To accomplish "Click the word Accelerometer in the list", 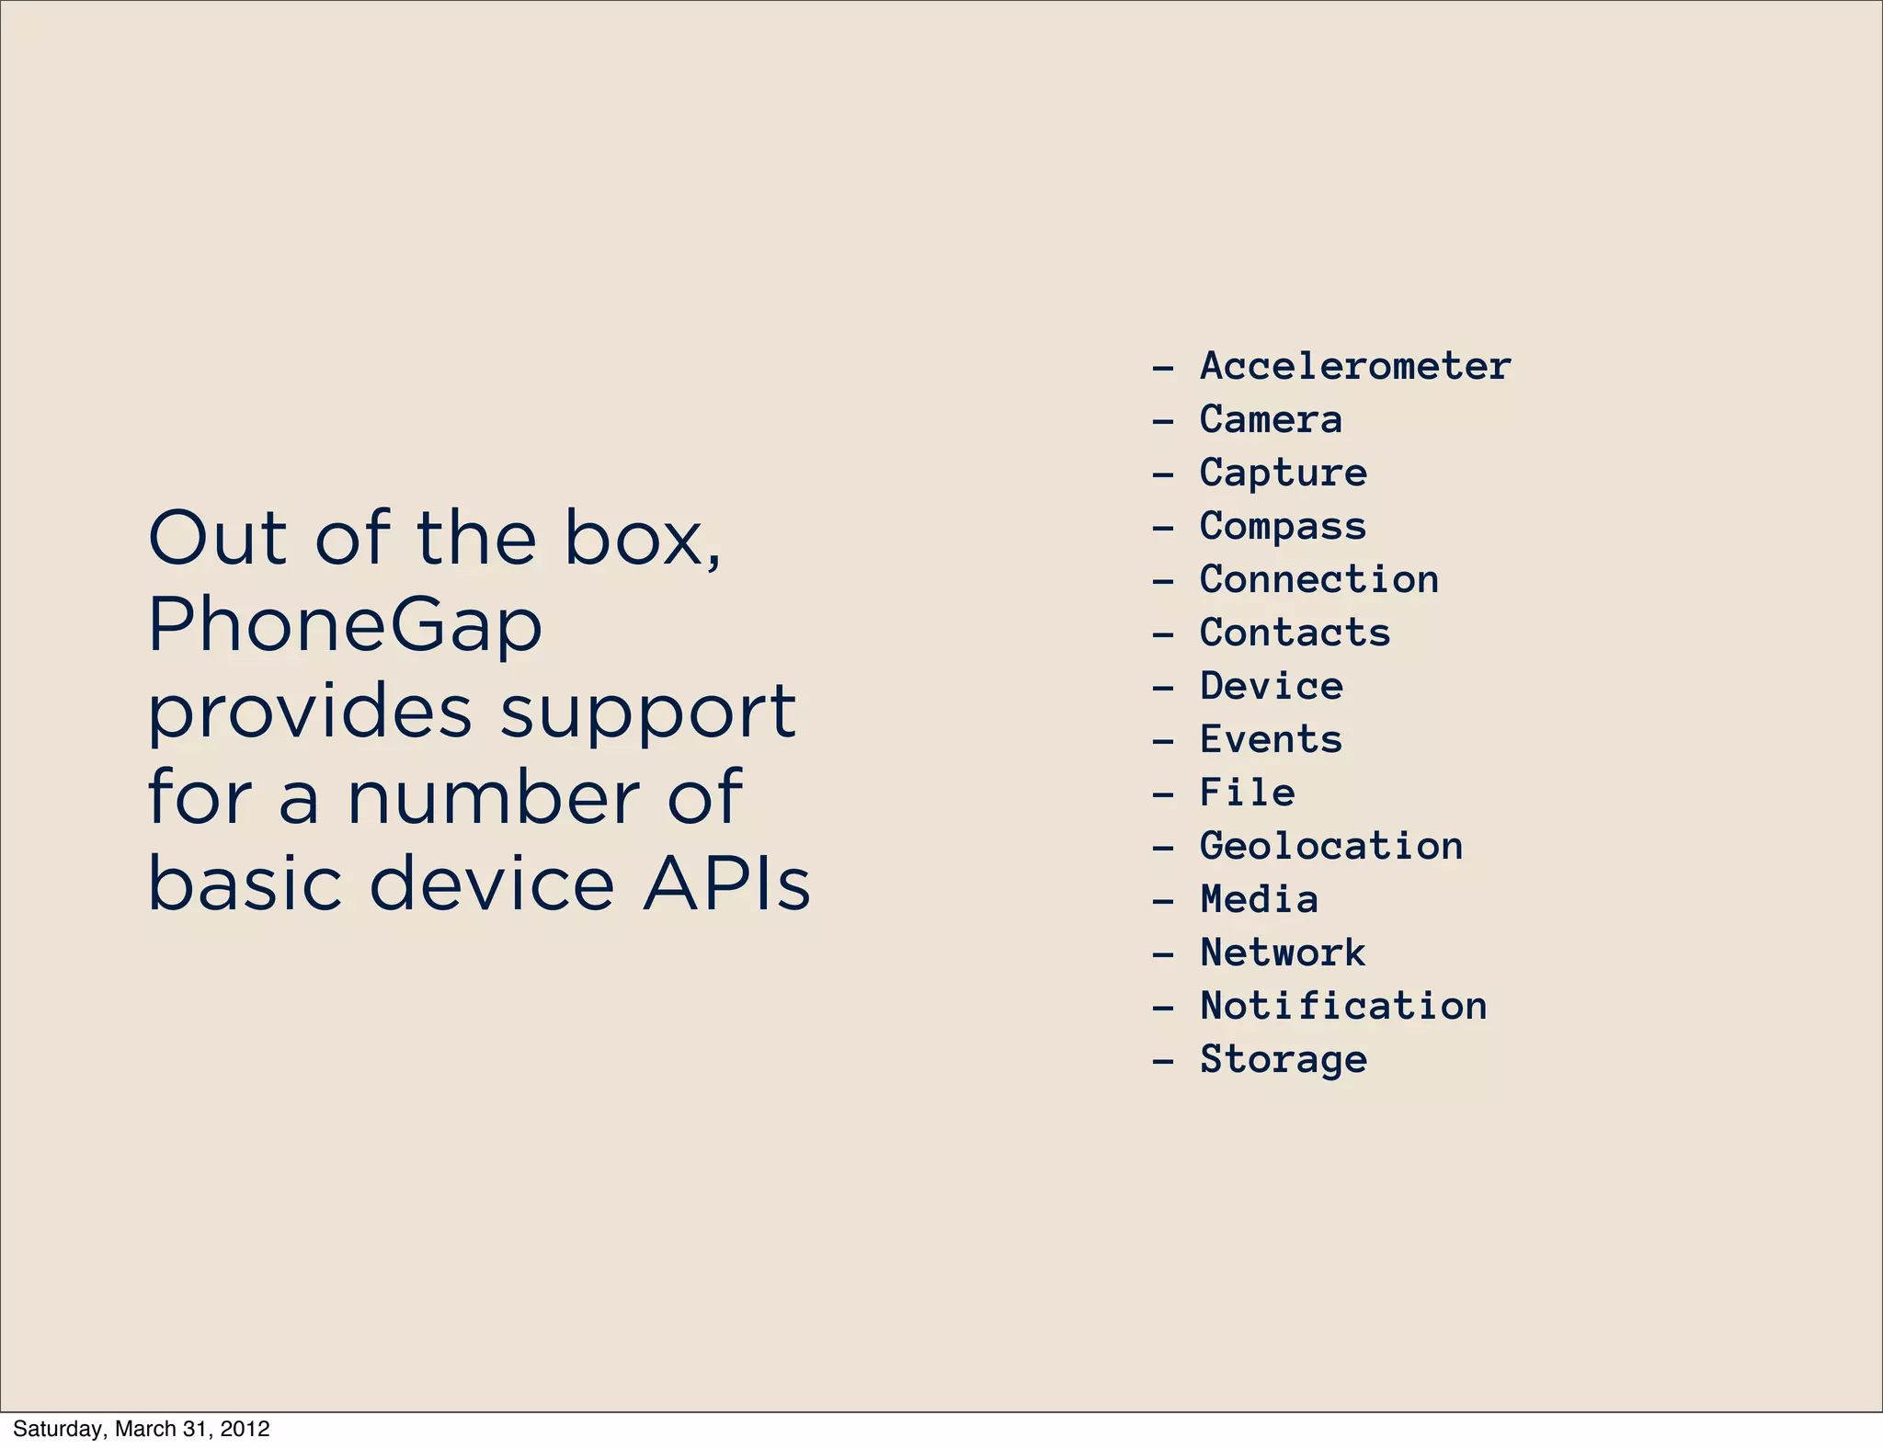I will point(1355,366).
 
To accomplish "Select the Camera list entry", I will point(1271,419).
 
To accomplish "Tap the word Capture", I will point(1283,473).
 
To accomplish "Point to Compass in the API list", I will point(1283,526).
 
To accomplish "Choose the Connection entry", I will point(1318,579).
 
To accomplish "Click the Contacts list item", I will point(1295,633).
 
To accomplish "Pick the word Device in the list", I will point(1271,686).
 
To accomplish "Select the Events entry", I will point(1271,739).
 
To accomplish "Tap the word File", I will point(1247,793).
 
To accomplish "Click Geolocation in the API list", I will point(1330,846).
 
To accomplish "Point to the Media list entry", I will point(1259,899).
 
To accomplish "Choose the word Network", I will point(1283,953).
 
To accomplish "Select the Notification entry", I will point(1343,1006).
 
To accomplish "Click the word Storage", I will point(1283,1059).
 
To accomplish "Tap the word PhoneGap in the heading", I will point(345,625).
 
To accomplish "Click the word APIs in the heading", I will point(726,884).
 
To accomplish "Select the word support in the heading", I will point(648,713).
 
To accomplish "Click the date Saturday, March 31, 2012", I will point(142,1429).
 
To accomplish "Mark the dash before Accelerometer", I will point(1163,367).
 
